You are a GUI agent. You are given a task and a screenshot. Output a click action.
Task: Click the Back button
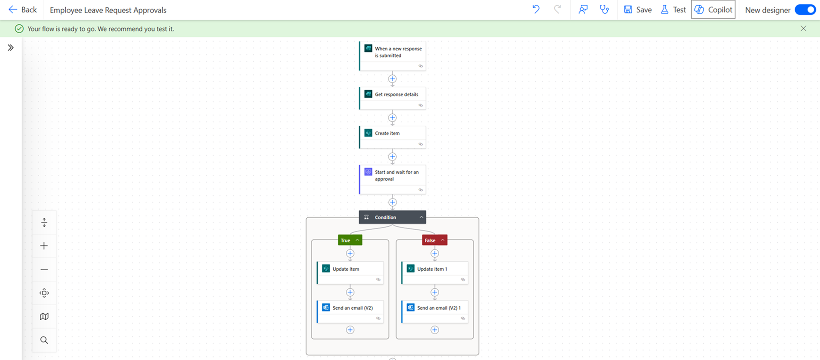23,10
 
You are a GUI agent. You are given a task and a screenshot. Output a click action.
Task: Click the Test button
673,10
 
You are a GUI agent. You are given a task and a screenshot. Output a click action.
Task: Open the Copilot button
713,10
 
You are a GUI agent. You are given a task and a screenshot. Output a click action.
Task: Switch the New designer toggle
805,10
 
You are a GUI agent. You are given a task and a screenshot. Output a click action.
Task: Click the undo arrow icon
536,9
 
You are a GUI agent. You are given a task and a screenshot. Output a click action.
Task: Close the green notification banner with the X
803,29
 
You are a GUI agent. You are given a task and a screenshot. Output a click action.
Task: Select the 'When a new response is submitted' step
392,56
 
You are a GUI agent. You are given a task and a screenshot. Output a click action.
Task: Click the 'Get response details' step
392,98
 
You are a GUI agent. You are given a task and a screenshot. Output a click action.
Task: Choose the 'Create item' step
392,137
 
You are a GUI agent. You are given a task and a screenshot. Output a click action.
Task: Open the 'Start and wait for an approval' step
392,179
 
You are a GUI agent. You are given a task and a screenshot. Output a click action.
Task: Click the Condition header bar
392,217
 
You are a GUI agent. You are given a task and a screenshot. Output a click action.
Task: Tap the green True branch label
350,240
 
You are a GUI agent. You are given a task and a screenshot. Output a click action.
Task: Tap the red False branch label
435,240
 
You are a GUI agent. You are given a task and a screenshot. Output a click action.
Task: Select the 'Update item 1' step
435,273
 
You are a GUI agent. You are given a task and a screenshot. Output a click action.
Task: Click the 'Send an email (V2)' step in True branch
350,312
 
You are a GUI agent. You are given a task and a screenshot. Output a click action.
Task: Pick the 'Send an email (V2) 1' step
435,312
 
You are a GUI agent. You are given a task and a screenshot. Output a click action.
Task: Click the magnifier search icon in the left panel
44,340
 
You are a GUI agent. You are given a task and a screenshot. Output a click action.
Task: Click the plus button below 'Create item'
392,157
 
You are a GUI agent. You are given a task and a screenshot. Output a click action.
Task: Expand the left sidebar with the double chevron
11,47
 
